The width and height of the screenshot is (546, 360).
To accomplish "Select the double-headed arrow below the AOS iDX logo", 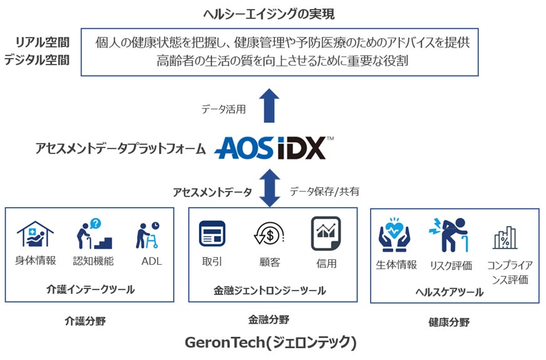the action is [270, 187].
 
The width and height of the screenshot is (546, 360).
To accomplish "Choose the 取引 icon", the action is [212, 234].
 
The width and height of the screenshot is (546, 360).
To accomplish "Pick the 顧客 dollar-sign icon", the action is [269, 235].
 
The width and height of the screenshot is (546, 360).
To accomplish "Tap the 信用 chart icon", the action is [326, 234].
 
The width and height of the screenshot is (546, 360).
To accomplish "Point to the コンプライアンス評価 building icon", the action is [505, 239].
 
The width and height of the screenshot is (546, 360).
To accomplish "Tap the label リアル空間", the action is [43, 42].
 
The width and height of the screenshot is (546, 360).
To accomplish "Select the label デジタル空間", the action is [37, 60].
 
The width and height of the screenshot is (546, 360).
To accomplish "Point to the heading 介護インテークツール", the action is [91, 289].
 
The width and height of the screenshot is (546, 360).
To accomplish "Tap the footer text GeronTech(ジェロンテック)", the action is [270, 343].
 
